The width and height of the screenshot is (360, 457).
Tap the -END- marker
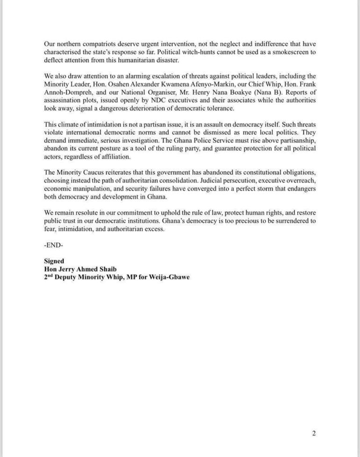coord(52,245)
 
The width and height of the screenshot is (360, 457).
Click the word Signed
coord(54,261)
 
